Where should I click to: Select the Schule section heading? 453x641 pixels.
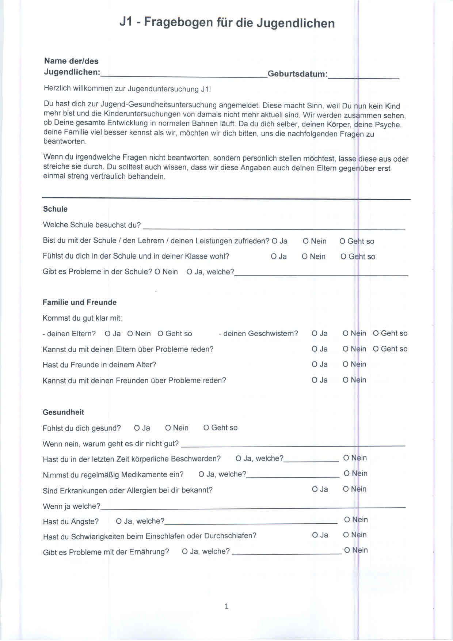click(x=55, y=209)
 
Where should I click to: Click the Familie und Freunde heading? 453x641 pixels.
click(x=79, y=302)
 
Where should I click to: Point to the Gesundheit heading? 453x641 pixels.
click(x=63, y=412)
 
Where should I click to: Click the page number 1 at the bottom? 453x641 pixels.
click(x=226, y=606)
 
